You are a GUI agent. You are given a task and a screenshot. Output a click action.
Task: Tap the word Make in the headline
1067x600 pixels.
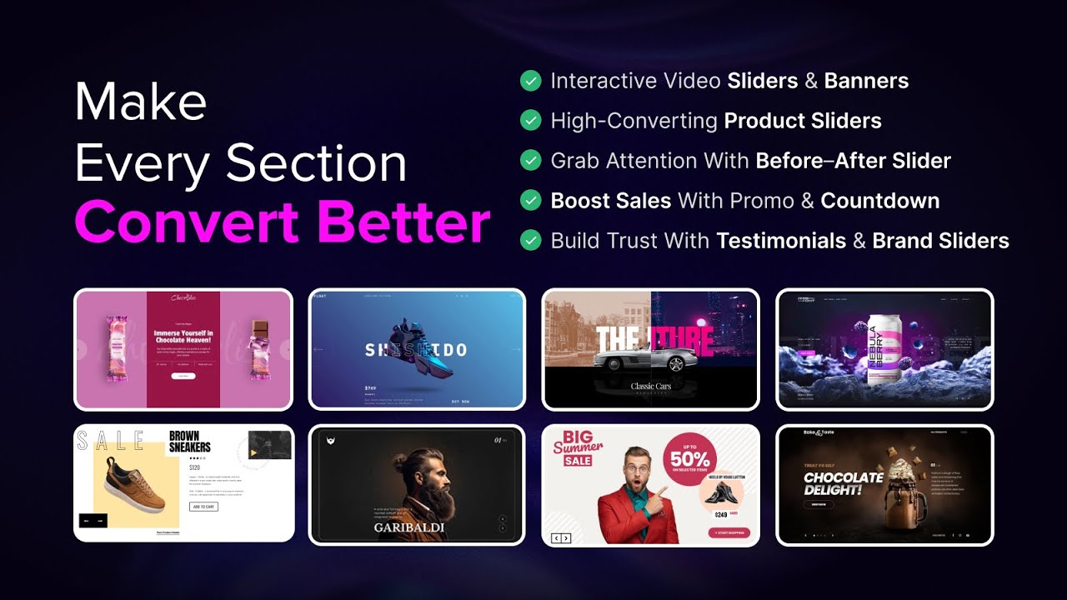coord(140,102)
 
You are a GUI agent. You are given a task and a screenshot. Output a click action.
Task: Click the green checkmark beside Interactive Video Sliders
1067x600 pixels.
coord(530,81)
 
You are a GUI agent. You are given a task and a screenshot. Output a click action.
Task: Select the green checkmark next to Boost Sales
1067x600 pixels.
coord(530,201)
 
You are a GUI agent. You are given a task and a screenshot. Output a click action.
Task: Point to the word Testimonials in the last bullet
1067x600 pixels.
coord(781,241)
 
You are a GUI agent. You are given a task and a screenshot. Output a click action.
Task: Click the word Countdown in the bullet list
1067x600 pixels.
coord(879,201)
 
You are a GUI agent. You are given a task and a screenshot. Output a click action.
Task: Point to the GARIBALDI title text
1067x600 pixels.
coord(408,527)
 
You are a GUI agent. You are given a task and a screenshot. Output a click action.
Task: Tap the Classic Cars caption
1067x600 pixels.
coord(651,386)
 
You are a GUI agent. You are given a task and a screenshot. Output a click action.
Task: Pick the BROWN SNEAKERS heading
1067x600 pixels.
coord(190,442)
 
